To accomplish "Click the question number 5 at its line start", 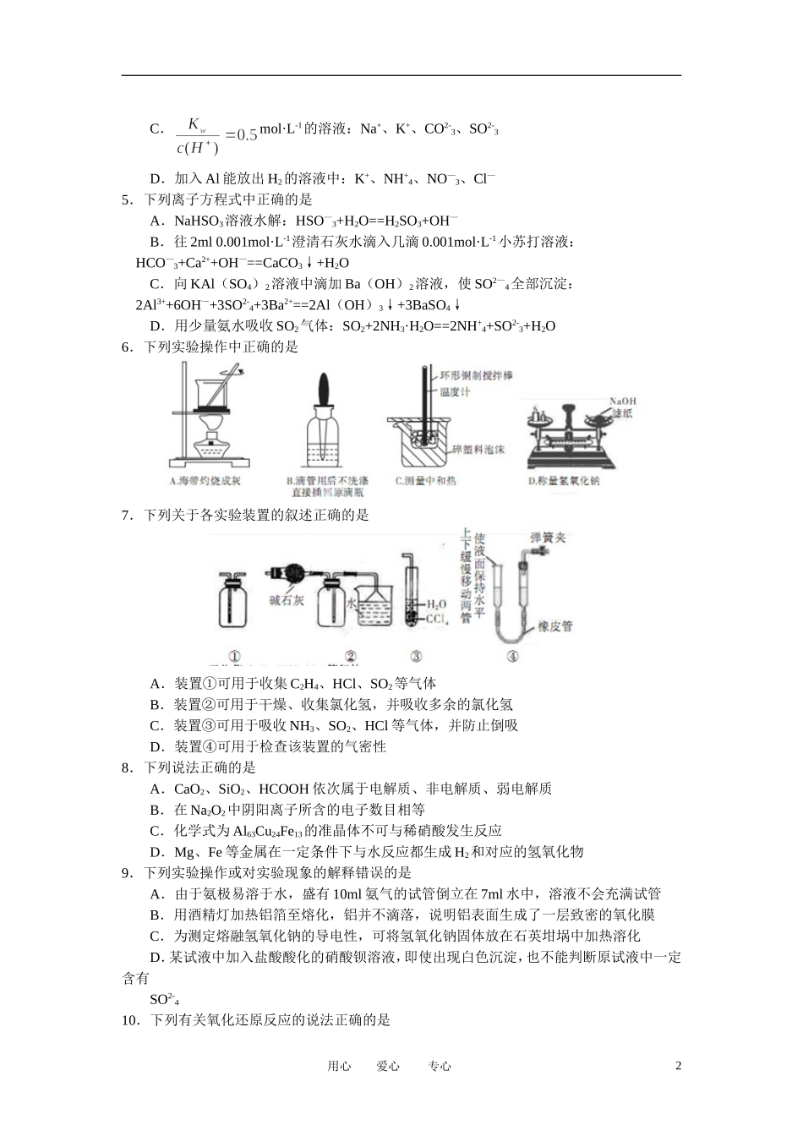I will tap(127, 200).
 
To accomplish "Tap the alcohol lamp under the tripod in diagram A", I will tap(206, 445).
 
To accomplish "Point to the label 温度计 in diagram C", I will tap(454, 392).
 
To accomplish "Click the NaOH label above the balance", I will tap(622, 401).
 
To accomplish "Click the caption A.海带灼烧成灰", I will tap(206, 481).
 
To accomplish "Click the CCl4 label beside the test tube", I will tap(436, 620).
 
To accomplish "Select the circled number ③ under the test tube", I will tap(415, 657).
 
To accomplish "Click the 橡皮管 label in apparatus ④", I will tap(554, 626).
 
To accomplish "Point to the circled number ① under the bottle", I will tap(234, 657).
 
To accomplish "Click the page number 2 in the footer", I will tap(678, 1066).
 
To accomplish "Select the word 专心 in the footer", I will tap(440, 1067).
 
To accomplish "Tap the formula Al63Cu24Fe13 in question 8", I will tap(275, 831).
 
